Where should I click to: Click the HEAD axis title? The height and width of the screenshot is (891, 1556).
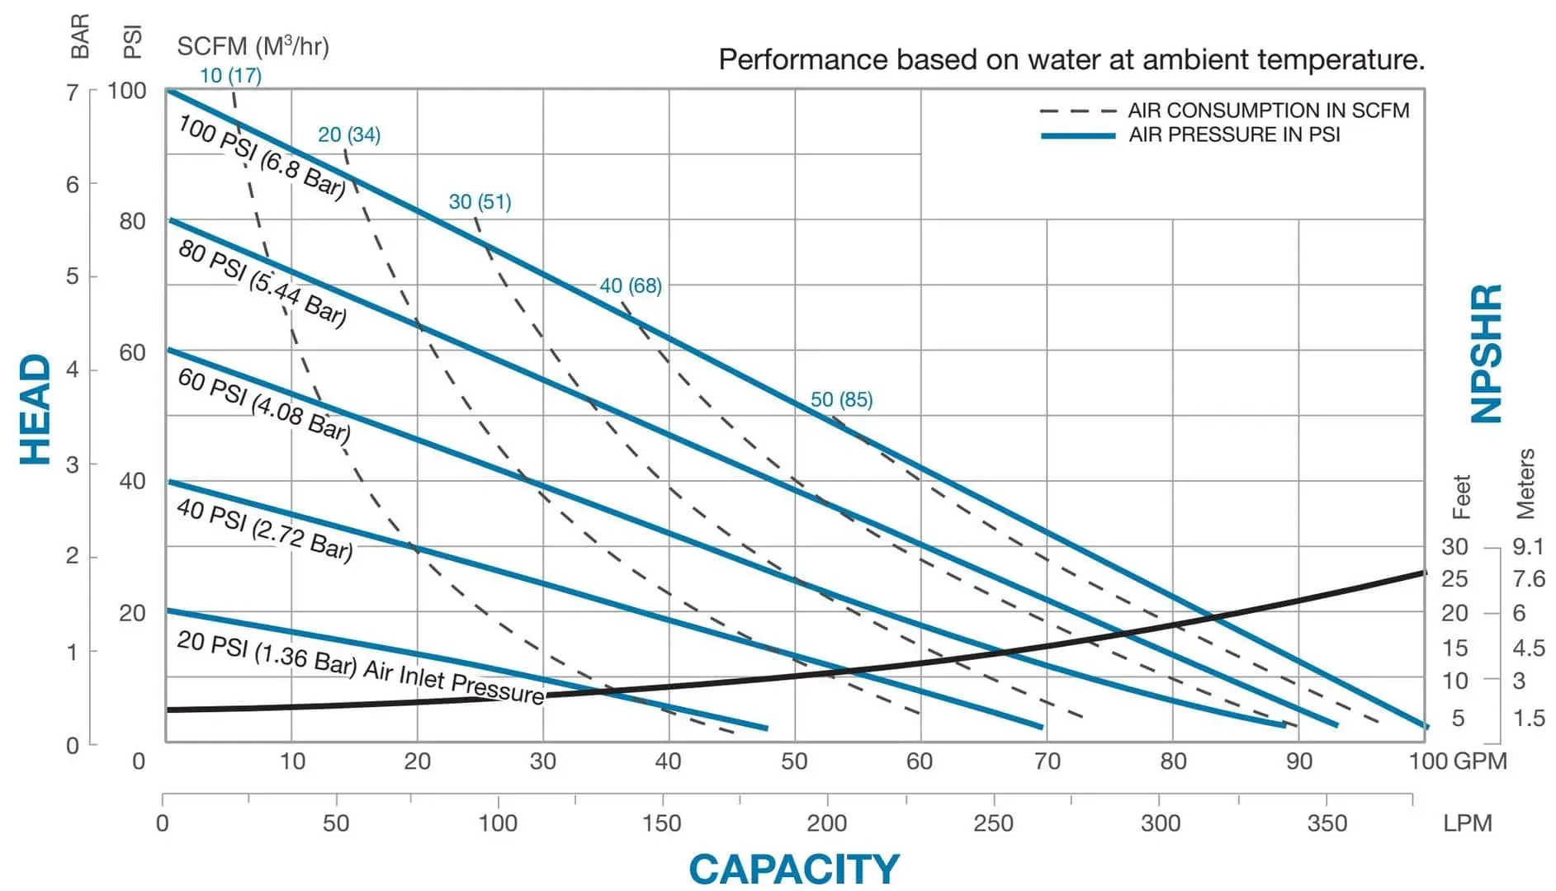pyautogui.click(x=35, y=409)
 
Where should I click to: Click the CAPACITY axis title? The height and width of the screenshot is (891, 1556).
pyautogui.click(x=793, y=869)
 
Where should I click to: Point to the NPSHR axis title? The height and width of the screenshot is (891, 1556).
pyautogui.click(x=1487, y=354)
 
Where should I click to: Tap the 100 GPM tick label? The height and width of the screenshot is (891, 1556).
pyautogui.click(x=1457, y=761)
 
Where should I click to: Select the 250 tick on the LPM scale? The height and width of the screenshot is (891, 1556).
pyautogui.click(x=992, y=823)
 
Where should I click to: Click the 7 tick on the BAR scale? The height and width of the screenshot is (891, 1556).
pyautogui.click(x=73, y=92)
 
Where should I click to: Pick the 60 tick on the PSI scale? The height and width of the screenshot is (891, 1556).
pyautogui.click(x=132, y=353)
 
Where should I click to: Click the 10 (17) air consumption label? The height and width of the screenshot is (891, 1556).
pyautogui.click(x=230, y=76)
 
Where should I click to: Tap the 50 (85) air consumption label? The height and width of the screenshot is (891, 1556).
pyautogui.click(x=841, y=400)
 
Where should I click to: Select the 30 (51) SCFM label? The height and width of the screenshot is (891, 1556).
pyautogui.click(x=480, y=202)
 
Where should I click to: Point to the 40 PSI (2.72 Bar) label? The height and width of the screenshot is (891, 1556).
pyautogui.click(x=264, y=530)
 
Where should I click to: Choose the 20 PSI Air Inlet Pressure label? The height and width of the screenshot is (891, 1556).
pyautogui.click(x=360, y=667)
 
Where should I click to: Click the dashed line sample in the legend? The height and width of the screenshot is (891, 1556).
pyautogui.click(x=1077, y=111)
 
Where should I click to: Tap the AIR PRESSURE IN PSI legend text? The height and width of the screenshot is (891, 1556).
pyautogui.click(x=1234, y=134)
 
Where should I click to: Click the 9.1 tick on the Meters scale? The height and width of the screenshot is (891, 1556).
pyautogui.click(x=1528, y=546)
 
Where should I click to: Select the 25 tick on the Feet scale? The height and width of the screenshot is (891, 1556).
pyautogui.click(x=1454, y=579)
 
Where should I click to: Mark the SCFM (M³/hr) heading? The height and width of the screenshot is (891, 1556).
pyautogui.click(x=253, y=46)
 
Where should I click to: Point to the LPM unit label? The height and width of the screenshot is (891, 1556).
pyautogui.click(x=1468, y=823)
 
